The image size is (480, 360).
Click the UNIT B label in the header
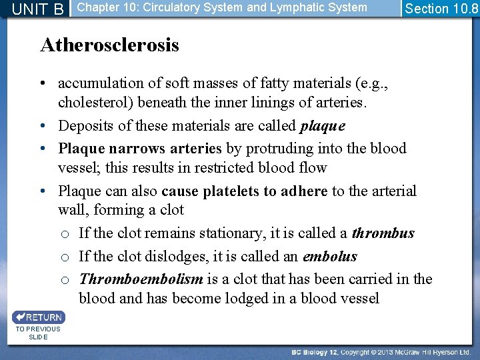(38, 9)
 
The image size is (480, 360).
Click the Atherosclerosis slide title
(109, 45)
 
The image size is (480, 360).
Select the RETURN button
(38, 317)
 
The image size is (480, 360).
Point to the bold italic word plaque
(323, 126)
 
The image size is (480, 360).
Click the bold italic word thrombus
(383, 233)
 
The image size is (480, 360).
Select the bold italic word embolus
(330, 257)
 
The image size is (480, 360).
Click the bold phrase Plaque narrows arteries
(140, 149)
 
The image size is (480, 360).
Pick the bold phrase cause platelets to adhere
(244, 191)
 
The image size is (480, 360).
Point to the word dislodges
(206, 257)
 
